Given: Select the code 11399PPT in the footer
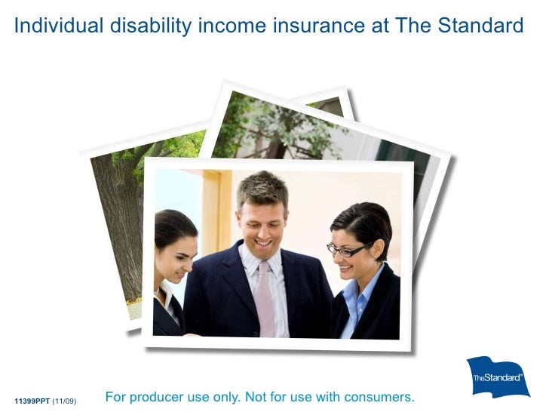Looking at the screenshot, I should click(31, 399).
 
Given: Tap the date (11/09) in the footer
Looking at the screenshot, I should click(64, 399).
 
